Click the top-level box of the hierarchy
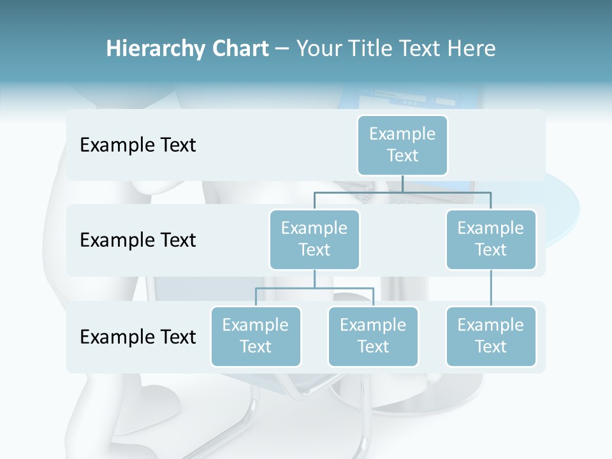tap(402, 145)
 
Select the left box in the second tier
tap(314, 239)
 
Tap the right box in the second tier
tap(491, 239)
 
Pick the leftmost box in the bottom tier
tap(256, 336)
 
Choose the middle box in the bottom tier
tap(373, 336)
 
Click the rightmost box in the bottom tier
tap(491, 336)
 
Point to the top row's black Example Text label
tap(138, 145)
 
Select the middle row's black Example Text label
tap(138, 240)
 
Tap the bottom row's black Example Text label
tap(138, 337)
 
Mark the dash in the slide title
tap(282, 49)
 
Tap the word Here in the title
tap(472, 48)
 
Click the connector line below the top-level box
tap(402, 184)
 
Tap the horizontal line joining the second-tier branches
tap(402, 192)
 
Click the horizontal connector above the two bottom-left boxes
tap(314, 288)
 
